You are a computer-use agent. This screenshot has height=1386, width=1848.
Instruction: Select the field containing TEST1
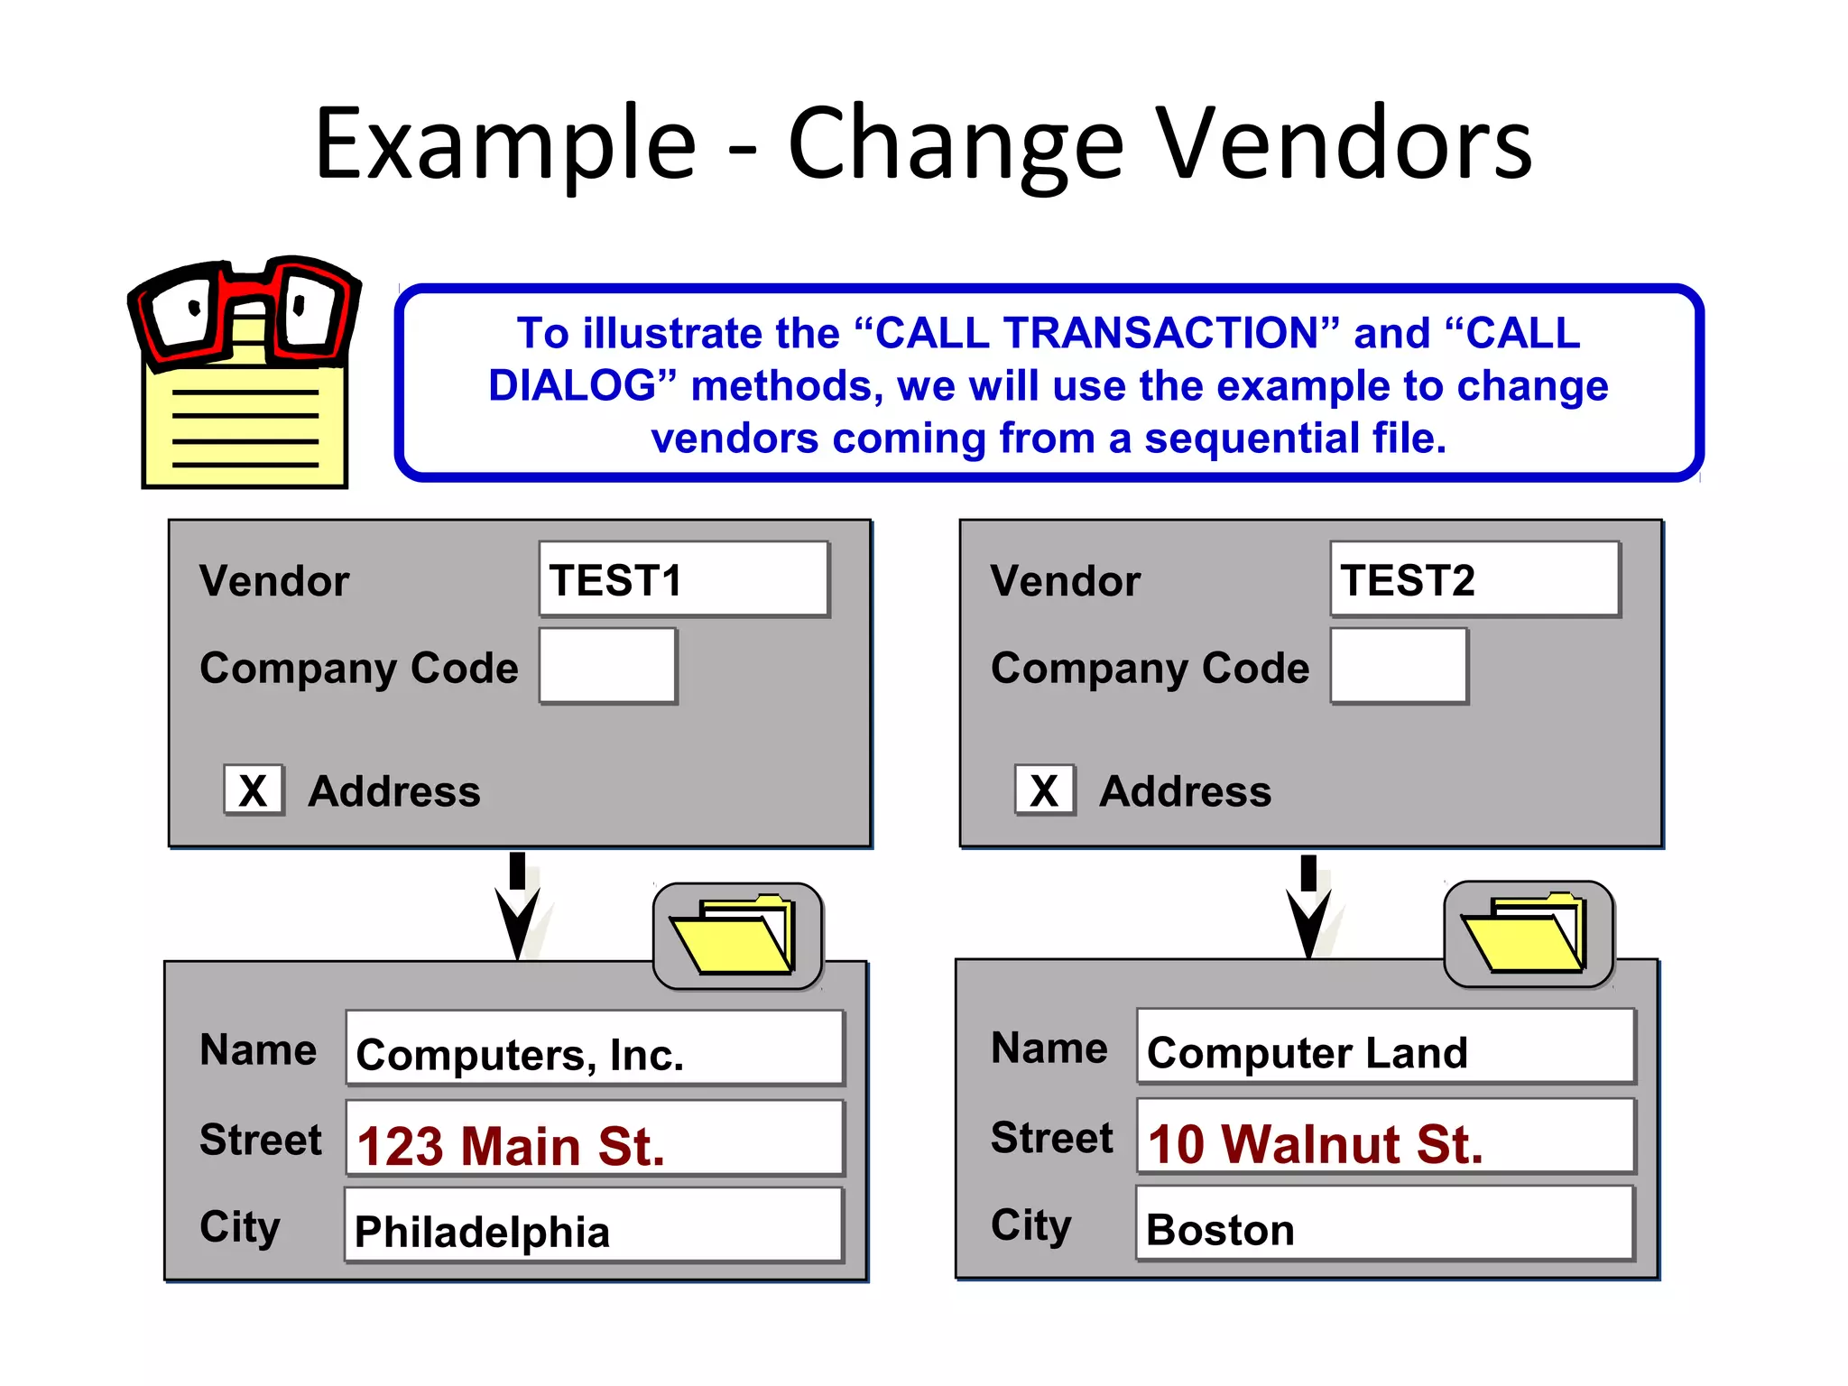pyautogui.click(x=683, y=579)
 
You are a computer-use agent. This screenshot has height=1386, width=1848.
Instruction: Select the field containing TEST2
pyautogui.click(x=1474, y=579)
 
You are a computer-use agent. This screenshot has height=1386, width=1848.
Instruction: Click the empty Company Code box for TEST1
pyautogui.click(x=607, y=666)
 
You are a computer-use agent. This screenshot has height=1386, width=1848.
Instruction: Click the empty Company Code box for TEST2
pyautogui.click(x=1399, y=666)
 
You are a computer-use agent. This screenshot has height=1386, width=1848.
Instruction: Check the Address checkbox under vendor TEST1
pyautogui.click(x=254, y=790)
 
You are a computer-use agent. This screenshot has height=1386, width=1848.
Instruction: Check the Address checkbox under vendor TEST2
pyautogui.click(x=1045, y=790)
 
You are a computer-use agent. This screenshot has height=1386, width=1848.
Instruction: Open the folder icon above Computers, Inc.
pyautogui.click(x=736, y=936)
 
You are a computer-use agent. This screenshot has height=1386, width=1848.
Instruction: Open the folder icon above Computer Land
pyautogui.click(x=1528, y=934)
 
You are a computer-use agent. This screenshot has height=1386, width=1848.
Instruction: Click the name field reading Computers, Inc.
pyautogui.click(x=594, y=1049)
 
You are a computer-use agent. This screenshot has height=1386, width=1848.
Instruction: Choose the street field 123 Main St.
pyautogui.click(x=594, y=1139)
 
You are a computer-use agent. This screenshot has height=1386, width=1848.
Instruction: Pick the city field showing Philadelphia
pyautogui.click(x=592, y=1225)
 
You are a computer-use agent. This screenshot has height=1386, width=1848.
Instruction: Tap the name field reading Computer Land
pyautogui.click(x=1385, y=1047)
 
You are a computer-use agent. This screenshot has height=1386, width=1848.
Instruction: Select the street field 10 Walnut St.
pyautogui.click(x=1385, y=1137)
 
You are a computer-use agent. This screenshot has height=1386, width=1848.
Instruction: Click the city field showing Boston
pyautogui.click(x=1384, y=1224)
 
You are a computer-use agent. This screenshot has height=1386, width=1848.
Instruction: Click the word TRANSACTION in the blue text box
pyautogui.click(x=1160, y=333)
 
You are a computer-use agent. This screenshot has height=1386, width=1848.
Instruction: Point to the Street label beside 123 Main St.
pyautogui.click(x=260, y=1139)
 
